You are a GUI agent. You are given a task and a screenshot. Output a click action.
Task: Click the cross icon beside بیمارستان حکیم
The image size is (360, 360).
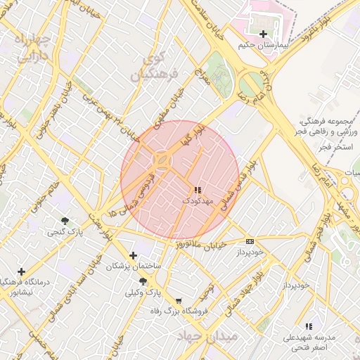(x=263, y=34)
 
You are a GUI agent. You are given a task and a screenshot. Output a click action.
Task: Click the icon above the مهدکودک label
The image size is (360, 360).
(x=198, y=190)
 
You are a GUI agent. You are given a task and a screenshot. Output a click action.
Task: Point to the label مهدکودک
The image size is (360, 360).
(x=198, y=201)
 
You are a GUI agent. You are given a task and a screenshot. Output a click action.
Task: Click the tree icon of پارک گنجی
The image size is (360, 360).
(x=65, y=221)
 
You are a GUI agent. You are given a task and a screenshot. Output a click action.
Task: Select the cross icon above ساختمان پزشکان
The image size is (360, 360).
(x=133, y=256)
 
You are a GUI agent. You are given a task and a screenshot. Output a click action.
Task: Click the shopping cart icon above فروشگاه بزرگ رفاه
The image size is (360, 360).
(x=177, y=300)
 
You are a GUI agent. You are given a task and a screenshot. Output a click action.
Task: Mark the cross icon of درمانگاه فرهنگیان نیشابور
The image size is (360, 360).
(x=22, y=271)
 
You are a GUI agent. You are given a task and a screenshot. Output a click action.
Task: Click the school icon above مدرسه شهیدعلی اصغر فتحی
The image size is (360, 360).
(x=308, y=326)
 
